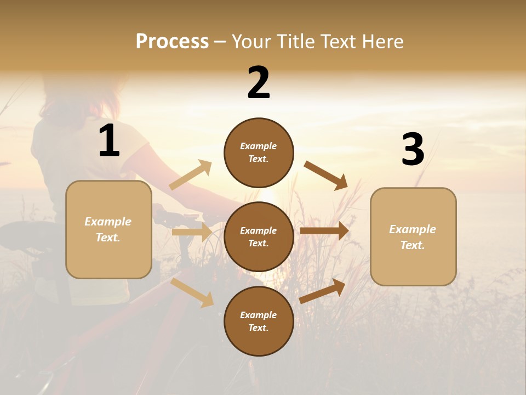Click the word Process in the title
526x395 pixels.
coord(172,41)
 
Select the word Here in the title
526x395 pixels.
coord(380,41)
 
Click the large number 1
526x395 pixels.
coord(109,141)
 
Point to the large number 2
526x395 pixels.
coord(259,83)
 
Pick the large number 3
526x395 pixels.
coord(413,150)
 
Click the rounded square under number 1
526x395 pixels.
coord(108,229)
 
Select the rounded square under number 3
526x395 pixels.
coord(413,236)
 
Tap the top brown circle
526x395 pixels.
coord(259,153)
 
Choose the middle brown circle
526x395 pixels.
coord(259,236)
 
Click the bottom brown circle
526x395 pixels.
coord(259,321)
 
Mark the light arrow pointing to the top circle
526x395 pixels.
coord(191,174)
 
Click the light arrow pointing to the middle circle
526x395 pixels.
coord(192,232)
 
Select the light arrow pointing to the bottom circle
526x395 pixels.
coord(192,292)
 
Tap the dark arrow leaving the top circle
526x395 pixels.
coord(325,175)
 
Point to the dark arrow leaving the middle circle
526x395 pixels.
coord(324,230)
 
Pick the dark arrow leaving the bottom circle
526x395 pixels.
coord(322,291)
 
